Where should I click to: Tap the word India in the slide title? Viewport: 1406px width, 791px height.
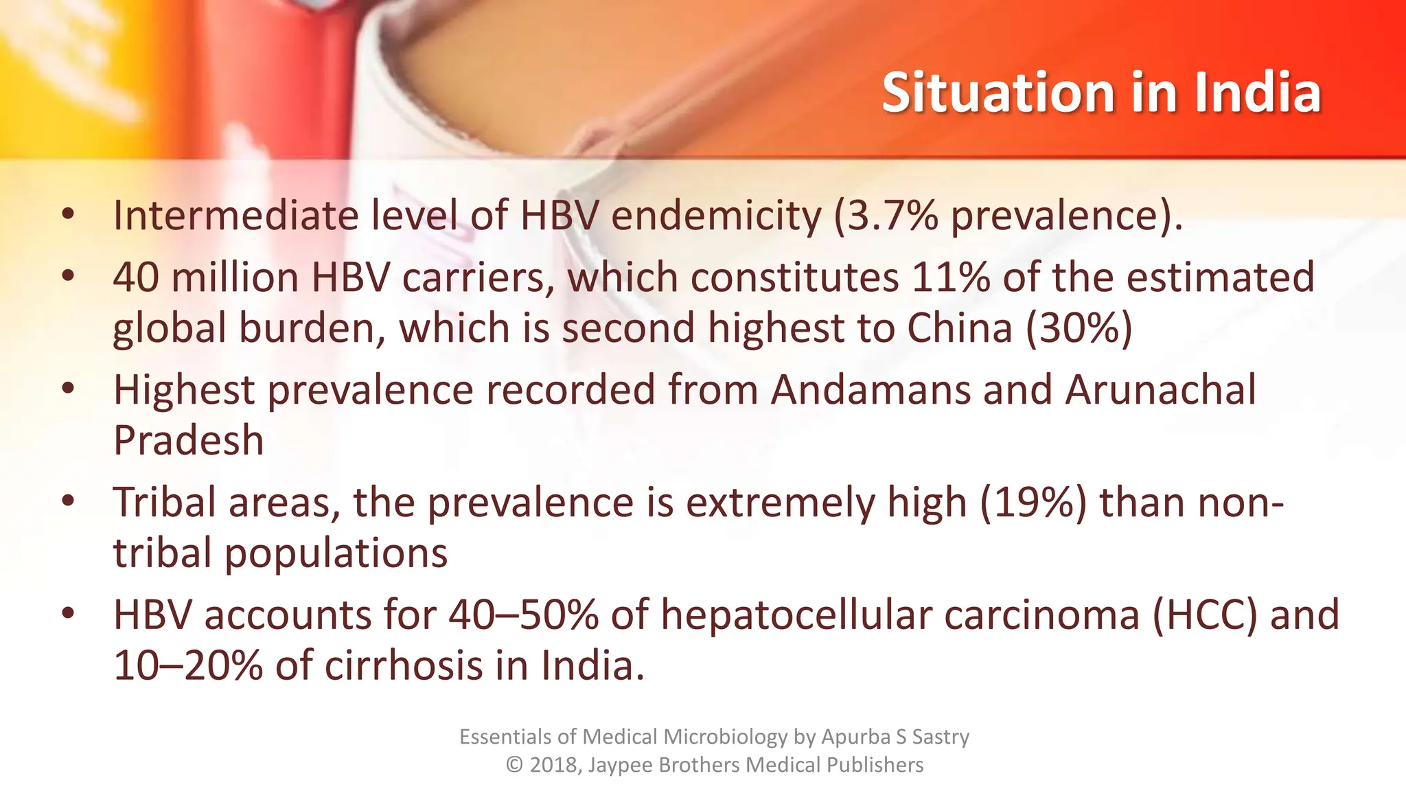tap(1257, 93)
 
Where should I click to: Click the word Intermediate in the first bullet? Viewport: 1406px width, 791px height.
tap(235, 216)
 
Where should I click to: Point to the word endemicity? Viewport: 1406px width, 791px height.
tap(716, 216)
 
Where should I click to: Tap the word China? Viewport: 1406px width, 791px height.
tap(960, 328)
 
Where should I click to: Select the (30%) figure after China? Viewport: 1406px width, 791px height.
tap(1079, 328)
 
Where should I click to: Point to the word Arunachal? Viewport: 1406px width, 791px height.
tap(1160, 390)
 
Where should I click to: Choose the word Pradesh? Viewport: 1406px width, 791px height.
tap(189, 441)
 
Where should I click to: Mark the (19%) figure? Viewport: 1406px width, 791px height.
tap(1033, 503)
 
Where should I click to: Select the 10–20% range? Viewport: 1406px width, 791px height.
tap(187, 666)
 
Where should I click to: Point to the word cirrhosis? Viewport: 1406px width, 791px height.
tap(404, 666)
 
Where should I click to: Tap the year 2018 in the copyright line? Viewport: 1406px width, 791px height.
tap(555, 765)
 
